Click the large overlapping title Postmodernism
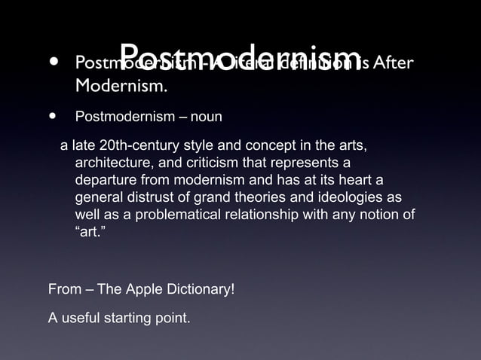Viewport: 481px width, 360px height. coord(240,57)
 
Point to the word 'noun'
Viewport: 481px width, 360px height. coord(206,117)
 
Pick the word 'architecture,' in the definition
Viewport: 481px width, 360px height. coord(110,163)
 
